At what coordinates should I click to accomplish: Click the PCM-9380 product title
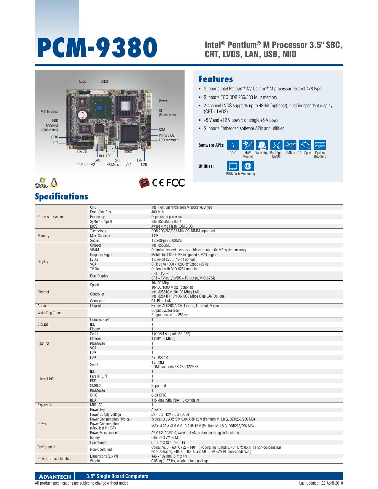97,48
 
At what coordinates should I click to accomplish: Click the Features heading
216,79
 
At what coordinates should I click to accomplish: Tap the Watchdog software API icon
262,145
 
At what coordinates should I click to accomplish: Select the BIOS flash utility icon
233,166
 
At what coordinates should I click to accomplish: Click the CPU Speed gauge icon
305,145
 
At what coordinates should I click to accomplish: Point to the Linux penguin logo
54,183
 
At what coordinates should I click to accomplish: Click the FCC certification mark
176,183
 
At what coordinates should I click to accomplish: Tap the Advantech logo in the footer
55,476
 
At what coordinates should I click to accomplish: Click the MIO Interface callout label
49,112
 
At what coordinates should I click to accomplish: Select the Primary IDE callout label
167,135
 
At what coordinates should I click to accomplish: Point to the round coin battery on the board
83,114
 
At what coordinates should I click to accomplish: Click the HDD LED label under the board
105,156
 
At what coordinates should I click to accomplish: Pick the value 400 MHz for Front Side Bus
158,212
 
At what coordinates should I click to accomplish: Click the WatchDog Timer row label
49,313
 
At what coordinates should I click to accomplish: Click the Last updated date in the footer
321,483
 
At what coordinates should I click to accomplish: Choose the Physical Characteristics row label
54,458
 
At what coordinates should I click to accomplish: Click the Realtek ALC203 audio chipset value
185,306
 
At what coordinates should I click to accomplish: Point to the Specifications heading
61,196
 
